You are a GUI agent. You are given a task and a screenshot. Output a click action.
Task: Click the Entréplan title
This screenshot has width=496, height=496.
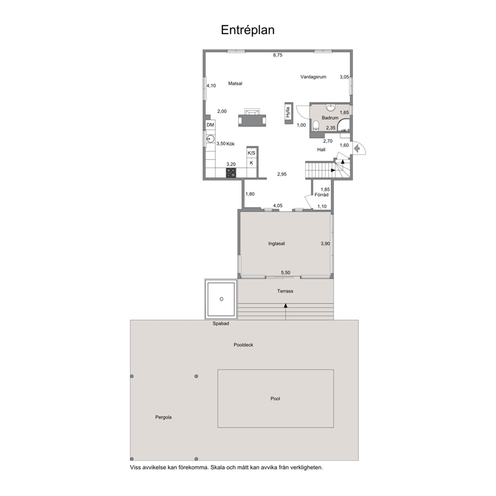247,30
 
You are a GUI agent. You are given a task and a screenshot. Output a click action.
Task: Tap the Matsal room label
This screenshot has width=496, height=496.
235,83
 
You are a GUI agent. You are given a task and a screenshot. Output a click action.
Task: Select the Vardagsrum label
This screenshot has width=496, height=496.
313,76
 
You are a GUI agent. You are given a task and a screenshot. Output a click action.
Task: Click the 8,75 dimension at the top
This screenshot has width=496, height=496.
277,55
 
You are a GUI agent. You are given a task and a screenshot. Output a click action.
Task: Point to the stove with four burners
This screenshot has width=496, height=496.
231,172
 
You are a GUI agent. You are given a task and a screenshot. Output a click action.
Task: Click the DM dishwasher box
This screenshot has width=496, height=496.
210,125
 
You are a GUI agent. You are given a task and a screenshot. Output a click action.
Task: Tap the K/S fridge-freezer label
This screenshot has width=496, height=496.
251,153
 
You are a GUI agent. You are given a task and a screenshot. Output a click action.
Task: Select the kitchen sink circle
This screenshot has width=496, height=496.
210,139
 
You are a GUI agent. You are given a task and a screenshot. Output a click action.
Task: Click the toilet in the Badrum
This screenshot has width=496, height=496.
315,125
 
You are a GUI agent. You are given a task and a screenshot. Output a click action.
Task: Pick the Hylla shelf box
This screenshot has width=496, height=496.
288,113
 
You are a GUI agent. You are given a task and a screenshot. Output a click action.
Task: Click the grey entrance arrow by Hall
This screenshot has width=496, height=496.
357,148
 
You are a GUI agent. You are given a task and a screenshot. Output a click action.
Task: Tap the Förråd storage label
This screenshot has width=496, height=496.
321,195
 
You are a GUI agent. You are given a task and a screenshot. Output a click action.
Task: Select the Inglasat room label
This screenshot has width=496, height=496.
276,243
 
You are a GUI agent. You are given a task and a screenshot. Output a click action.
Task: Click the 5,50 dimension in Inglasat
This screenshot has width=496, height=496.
285,272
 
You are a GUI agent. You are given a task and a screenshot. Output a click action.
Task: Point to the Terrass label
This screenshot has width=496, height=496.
285,291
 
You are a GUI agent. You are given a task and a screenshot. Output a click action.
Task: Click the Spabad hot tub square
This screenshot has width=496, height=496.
221,299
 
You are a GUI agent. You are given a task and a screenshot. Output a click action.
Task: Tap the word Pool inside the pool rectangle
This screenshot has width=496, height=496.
275,398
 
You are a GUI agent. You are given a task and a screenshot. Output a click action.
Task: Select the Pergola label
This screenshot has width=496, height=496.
163,417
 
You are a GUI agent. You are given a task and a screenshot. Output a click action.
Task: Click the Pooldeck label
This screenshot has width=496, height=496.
243,345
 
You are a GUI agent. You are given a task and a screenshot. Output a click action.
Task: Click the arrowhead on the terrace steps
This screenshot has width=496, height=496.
285,305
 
